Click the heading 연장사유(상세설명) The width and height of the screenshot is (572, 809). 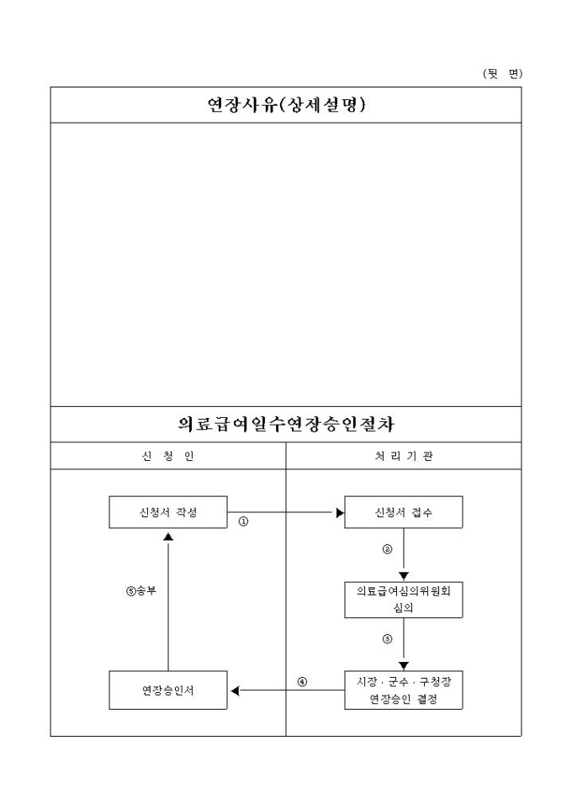pos(287,105)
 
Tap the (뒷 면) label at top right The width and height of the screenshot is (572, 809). pos(502,74)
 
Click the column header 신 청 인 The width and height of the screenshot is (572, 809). pos(168,456)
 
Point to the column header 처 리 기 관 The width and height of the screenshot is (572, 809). pos(404,456)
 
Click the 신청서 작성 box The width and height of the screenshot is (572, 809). pos(168,512)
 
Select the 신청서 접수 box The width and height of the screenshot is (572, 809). pos(404,512)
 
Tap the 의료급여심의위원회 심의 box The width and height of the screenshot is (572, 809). pos(404,600)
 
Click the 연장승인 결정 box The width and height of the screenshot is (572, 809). pos(404,690)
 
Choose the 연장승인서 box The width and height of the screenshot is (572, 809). pos(168,690)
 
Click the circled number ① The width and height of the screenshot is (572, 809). pos(243,521)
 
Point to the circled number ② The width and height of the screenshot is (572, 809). pos(387,549)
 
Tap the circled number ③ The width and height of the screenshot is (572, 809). pos(387,639)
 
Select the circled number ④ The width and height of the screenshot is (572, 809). pos(303,682)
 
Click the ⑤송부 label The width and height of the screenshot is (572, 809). pos(141,590)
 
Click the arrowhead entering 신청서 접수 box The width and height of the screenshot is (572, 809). pos(340,513)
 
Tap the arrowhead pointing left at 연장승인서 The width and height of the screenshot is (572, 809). pos(235,690)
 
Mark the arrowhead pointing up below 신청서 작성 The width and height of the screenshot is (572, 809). pos(168,537)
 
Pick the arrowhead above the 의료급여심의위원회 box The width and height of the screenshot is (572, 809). pos(404,576)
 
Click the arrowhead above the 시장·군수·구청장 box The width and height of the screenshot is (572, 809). pos(404,665)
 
